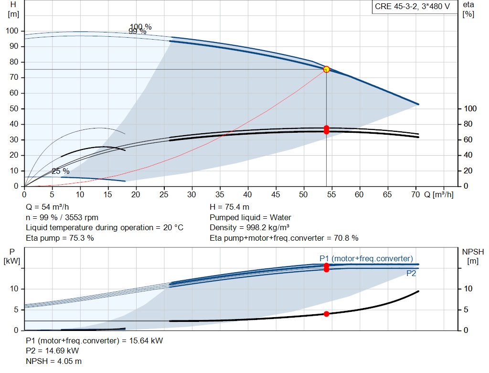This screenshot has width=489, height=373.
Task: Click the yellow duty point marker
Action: click(326, 69)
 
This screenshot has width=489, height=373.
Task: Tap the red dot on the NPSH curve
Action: click(326, 314)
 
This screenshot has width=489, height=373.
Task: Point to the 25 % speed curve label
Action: click(61, 171)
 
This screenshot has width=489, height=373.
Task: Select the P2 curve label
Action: click(411, 274)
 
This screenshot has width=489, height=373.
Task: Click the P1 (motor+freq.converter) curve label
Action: click(366, 258)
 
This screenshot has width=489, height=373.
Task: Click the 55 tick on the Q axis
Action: click(331, 194)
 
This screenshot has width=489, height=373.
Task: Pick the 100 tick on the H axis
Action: click(12, 31)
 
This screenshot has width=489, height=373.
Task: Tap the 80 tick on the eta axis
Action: click(468, 124)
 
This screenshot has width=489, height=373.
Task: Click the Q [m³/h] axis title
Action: click(439, 194)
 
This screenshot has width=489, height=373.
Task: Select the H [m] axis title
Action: click(13, 10)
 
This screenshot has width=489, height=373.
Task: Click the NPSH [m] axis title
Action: click(473, 256)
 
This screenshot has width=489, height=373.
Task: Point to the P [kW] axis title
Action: click(12, 256)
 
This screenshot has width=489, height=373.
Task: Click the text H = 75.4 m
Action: click(230, 207)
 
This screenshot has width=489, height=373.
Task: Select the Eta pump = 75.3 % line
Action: click(60, 238)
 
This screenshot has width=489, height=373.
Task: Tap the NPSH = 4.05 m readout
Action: click(53, 362)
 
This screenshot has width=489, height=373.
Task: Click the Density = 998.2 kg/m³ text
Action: click(249, 228)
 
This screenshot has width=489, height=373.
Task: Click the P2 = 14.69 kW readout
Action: click(53, 351)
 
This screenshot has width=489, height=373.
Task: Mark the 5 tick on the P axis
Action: click(16, 309)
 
